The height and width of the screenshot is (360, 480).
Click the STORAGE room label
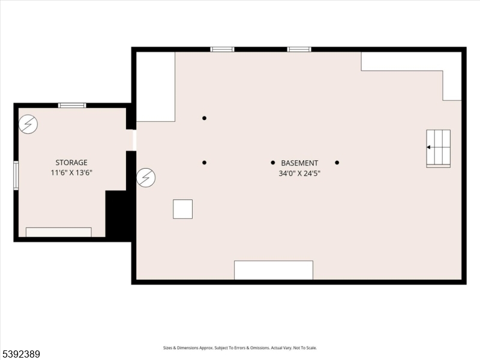point(71,163)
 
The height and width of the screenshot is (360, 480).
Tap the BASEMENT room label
point(299,163)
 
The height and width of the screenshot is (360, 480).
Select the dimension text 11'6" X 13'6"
point(71,173)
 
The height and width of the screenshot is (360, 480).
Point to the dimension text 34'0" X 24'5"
point(299,173)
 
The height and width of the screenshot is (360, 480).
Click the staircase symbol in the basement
point(438,148)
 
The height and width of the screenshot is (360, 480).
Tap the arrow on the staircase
point(429,147)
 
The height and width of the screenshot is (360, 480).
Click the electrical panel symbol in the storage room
point(28,124)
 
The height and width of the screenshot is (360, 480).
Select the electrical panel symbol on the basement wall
point(146,177)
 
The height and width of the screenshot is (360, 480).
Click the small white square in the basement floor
point(182,209)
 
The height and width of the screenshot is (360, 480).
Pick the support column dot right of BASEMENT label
point(337,163)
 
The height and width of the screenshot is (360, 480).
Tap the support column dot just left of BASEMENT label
point(272,163)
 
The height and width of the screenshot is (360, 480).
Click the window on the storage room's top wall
point(72,106)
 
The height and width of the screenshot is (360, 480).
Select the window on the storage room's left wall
point(16,175)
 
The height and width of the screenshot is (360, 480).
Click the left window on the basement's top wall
point(222,49)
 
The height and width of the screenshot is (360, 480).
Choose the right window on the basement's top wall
point(299,49)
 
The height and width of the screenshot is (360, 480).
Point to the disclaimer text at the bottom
point(240,348)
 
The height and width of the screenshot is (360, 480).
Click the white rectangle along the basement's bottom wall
point(273,270)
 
